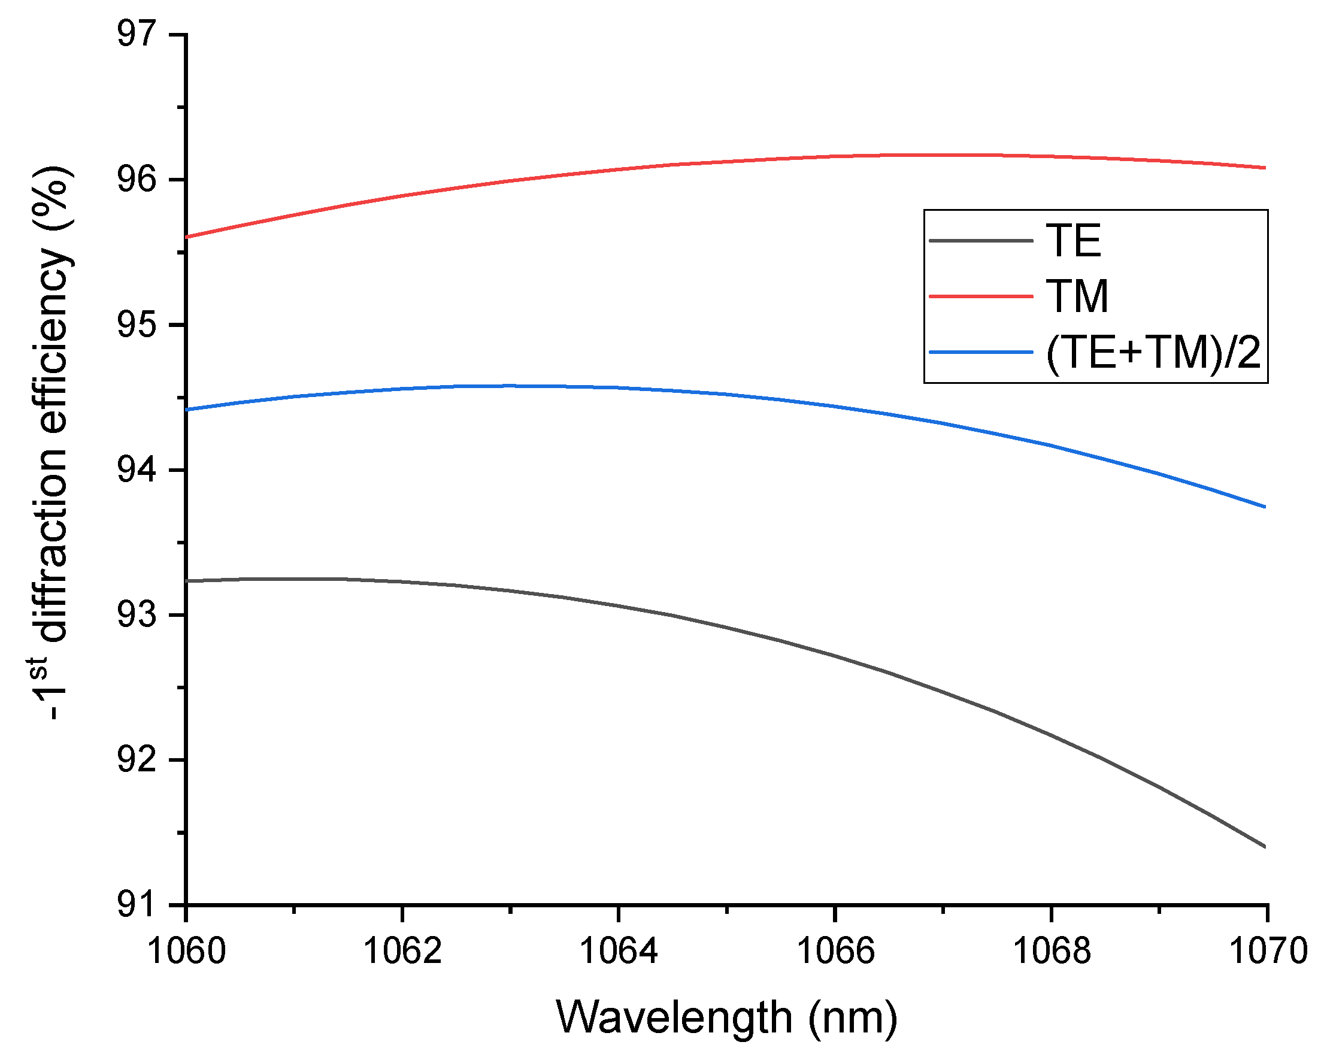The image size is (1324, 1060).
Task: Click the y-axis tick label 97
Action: click(x=137, y=34)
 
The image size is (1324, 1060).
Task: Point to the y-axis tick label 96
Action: click(x=137, y=179)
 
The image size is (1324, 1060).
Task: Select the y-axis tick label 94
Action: click(x=137, y=470)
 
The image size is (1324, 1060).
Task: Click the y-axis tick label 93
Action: click(x=137, y=615)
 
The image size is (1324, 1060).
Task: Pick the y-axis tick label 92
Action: click(x=137, y=760)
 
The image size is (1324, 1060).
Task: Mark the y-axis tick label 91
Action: click(x=137, y=905)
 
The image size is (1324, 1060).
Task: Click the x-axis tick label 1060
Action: click(x=187, y=951)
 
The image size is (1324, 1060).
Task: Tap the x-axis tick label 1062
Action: click(x=402, y=951)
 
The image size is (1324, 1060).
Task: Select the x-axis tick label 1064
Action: click(x=619, y=951)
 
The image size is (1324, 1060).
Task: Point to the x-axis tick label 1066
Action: click(x=835, y=951)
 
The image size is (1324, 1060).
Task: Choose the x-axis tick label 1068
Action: click(x=1052, y=951)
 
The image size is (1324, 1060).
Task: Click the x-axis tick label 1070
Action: click(x=1268, y=951)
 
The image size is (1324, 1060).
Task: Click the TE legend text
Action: click(x=1074, y=240)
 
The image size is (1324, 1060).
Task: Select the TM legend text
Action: click(x=1077, y=296)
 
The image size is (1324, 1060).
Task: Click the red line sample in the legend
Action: click(x=981, y=296)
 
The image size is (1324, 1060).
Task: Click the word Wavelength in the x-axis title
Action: click(x=674, y=1017)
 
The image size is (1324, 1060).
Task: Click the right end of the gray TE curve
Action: click(x=1264, y=846)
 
